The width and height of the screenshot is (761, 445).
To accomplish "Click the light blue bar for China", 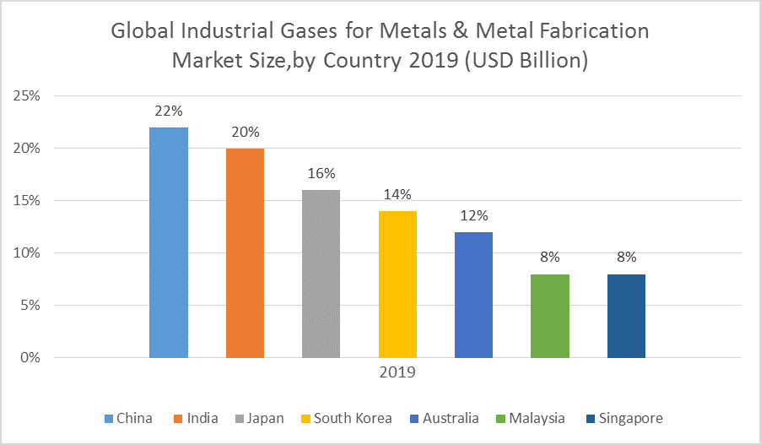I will pos(168,242).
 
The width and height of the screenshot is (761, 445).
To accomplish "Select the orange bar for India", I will pos(245,252).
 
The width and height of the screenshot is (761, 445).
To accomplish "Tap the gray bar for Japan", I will pos(321,274).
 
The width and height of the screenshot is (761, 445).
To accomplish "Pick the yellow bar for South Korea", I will pos(397,284).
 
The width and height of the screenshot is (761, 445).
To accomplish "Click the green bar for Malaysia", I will pos(550,316).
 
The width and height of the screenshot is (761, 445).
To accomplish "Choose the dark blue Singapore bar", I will pos(626,316).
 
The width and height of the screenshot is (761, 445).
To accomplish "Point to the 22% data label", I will pos(168,111).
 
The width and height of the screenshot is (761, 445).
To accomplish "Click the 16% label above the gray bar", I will pos(321,173).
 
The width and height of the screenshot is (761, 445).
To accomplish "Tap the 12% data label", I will pos(473,215).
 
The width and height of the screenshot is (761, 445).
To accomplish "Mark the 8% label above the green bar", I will pos(550,258).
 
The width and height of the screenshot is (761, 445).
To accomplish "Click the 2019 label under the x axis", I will pos(397,372).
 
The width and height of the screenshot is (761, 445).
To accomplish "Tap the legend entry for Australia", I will pos(446,418).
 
